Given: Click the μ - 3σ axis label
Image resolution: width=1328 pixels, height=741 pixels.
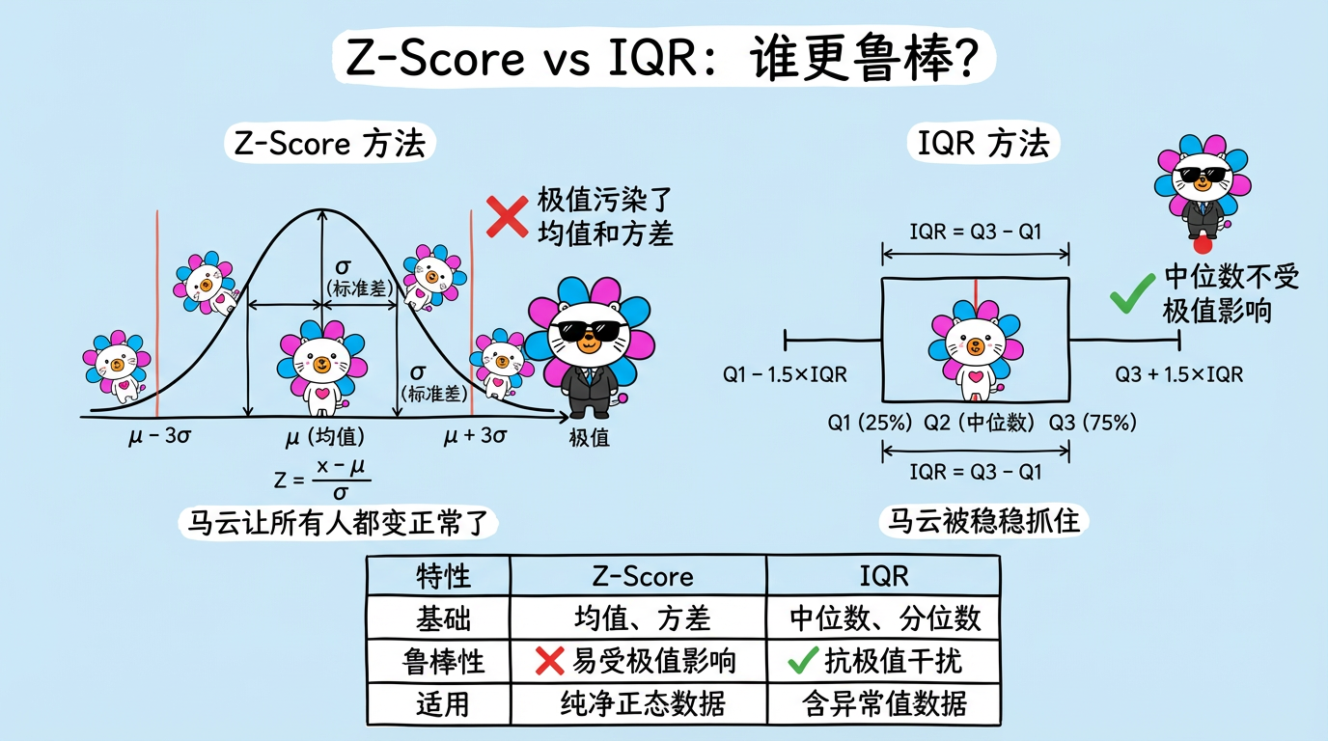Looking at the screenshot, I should tap(159, 436).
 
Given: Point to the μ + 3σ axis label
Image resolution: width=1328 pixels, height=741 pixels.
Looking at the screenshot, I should tap(476, 436).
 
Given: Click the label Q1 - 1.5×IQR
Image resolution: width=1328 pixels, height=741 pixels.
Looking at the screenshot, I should tap(786, 374).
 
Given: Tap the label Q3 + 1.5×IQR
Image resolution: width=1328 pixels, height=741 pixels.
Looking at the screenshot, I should tap(1178, 374).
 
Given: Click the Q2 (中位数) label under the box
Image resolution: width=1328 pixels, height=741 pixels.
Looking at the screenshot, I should tap(979, 422).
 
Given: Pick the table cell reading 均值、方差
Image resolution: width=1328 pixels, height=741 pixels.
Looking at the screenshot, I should tap(637, 618).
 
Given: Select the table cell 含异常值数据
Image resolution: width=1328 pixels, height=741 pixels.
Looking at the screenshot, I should tap(884, 703).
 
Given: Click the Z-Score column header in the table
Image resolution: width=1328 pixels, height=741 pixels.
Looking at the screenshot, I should tap(637, 576).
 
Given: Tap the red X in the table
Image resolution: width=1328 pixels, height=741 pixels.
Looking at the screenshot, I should tap(549, 661).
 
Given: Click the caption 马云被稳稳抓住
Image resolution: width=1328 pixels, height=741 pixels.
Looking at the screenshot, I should tap(984, 522).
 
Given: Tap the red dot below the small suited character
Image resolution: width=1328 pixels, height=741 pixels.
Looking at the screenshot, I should tap(1203, 245).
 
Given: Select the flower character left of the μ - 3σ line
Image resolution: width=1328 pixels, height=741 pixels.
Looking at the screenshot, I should tap(116, 367).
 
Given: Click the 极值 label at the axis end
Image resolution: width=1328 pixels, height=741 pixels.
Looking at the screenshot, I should tap(589, 437).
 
